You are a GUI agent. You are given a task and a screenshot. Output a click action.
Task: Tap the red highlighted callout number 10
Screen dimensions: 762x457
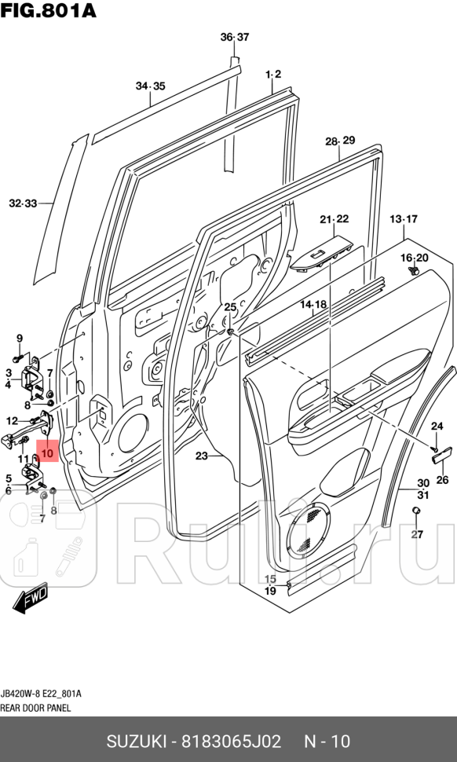click(x=47, y=452)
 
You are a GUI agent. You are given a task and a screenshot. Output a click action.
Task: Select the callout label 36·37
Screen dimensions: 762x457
click(x=234, y=37)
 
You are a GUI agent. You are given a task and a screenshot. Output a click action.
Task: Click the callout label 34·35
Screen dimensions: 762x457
click(x=150, y=86)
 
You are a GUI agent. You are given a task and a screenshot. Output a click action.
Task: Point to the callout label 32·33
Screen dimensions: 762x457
click(x=23, y=203)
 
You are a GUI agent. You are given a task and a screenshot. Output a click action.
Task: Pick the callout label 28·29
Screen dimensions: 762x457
click(x=340, y=141)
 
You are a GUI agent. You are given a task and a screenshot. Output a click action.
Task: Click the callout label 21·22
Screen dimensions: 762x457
click(x=334, y=219)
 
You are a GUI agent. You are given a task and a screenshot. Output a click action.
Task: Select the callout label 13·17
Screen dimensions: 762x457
click(x=404, y=218)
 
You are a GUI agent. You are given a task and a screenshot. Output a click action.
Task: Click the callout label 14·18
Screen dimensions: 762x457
click(x=313, y=304)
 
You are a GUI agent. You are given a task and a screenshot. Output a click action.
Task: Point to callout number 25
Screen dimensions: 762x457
click(x=230, y=306)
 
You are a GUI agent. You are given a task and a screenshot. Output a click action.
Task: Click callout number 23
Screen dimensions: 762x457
click(x=202, y=456)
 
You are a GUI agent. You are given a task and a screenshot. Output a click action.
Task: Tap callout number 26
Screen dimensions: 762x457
click(x=441, y=480)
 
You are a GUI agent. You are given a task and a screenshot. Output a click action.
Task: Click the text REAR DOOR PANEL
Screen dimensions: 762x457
click(x=35, y=707)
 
